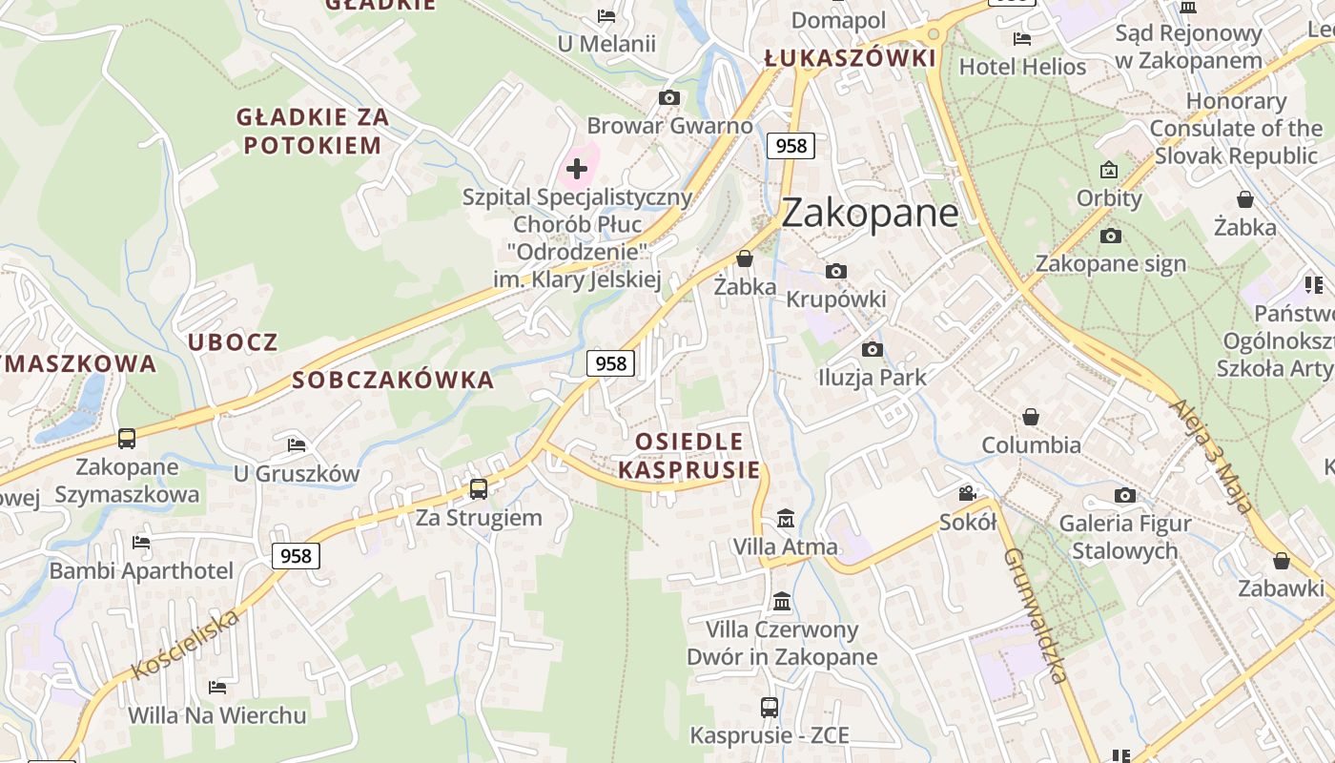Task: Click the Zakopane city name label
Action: pos(870,213)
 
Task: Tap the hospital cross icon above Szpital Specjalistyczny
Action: pos(576,170)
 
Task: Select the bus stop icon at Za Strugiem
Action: pos(479,489)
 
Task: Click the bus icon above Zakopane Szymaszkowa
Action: pos(127,439)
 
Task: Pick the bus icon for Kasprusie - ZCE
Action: pos(769,708)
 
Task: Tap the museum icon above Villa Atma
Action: pos(785,519)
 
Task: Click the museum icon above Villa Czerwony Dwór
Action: pos(782,602)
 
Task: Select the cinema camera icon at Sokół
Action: pos(968,493)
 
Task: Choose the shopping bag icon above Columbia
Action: pos(1031,417)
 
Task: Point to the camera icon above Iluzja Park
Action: pos(872,349)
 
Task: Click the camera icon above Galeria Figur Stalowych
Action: pos(1125,495)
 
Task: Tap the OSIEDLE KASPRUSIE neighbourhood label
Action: pos(689,455)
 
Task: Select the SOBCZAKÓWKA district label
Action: pos(393,381)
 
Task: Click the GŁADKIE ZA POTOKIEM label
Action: pos(313,131)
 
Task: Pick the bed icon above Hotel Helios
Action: pos(1022,39)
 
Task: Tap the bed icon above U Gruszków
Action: pos(297,445)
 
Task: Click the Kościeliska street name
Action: pos(185,645)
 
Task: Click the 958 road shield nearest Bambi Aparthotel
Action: pos(296,555)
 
